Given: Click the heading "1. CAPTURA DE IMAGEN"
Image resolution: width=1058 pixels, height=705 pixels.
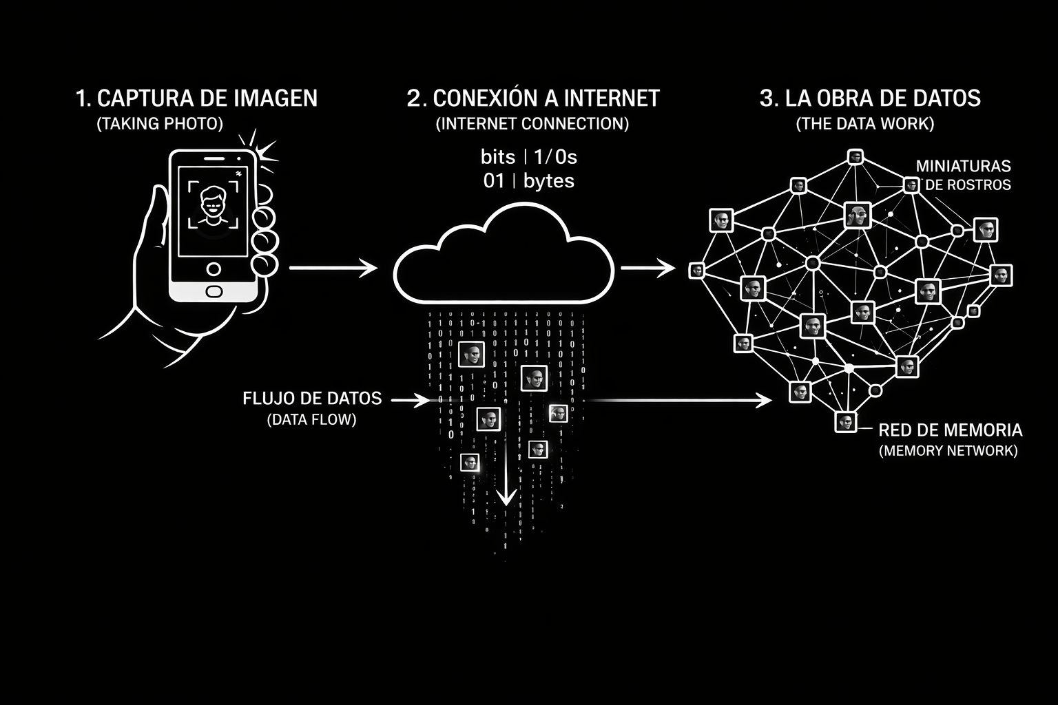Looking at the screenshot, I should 196,98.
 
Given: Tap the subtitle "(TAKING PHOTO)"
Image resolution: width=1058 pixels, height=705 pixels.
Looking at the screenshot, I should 160,124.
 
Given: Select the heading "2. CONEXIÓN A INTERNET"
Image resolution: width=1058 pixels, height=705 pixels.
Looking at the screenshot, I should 532,98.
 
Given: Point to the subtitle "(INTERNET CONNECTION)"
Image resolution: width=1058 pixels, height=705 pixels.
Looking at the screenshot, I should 532,124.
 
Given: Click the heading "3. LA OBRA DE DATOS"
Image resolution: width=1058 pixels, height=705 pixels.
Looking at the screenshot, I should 869,98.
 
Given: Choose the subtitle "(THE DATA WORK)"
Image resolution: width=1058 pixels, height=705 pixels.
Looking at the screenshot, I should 865,124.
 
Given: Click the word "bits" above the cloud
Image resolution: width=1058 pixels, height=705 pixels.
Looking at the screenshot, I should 497,158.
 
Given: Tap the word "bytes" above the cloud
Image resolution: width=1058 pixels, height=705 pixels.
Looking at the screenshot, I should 548,181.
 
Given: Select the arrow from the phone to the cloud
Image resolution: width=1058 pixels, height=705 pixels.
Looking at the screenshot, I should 333,267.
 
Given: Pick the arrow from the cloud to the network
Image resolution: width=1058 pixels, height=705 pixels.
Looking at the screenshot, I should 648,268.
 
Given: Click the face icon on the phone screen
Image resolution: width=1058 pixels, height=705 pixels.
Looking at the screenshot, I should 213,204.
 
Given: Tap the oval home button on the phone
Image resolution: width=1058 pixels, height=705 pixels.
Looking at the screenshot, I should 214,291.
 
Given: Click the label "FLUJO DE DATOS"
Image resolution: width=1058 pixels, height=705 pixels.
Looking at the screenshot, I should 312,399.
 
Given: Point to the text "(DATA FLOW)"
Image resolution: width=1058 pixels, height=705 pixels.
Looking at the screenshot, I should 312,419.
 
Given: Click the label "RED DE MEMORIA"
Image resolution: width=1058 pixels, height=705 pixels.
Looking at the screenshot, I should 950,430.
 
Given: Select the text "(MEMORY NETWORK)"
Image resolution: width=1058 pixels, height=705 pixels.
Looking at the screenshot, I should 948,451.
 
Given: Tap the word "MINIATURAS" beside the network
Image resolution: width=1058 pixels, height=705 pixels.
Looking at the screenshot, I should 963,166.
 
